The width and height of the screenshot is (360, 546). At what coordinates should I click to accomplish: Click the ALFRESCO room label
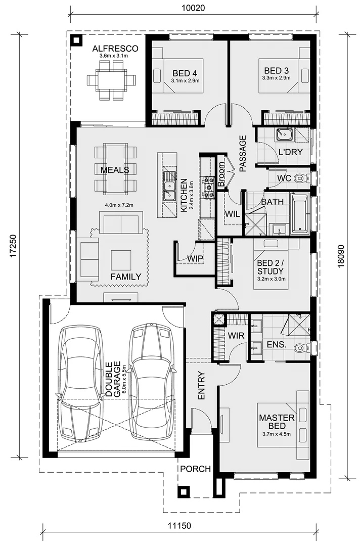(112, 49)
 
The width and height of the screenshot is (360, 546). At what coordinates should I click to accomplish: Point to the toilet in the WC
(300, 178)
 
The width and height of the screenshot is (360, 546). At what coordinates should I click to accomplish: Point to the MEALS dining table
(115, 169)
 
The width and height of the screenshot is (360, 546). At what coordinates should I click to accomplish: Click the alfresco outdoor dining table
(112, 80)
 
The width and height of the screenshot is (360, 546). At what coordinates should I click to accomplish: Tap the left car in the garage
(80, 384)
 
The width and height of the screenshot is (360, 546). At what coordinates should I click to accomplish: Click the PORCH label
(196, 469)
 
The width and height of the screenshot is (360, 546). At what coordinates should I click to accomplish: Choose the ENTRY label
(201, 387)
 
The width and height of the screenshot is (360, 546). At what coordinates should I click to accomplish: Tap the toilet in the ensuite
(301, 348)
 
